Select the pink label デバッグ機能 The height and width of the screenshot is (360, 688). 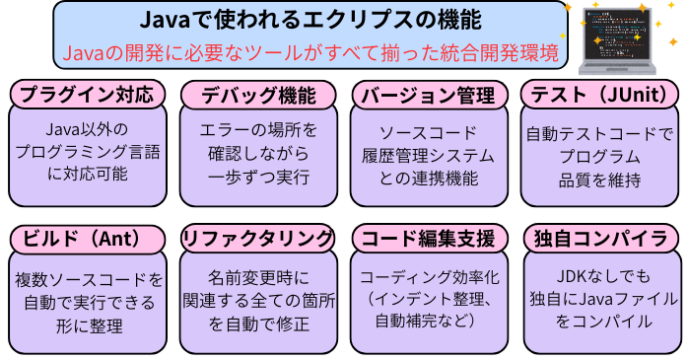tap(259, 95)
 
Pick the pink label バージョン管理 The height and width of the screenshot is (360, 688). tap(429, 95)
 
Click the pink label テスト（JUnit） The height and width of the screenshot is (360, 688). tap(599, 95)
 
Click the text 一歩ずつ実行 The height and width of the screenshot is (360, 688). tap(259, 179)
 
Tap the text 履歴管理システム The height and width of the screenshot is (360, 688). tap(429, 156)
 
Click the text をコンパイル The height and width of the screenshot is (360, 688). tap(599, 322)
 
